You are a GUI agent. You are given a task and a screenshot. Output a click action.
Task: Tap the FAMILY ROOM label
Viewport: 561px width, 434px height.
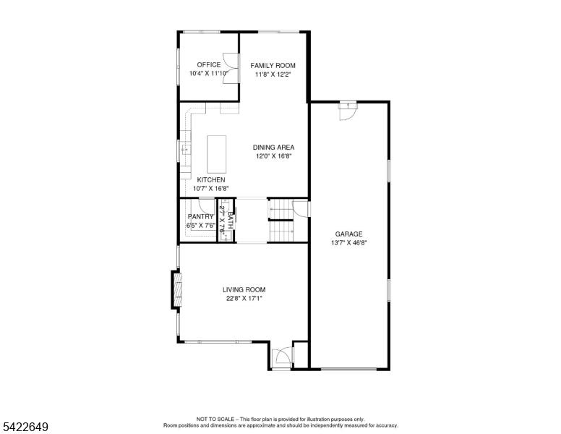(273, 66)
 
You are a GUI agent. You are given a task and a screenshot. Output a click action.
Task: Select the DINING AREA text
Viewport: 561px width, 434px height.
(273, 148)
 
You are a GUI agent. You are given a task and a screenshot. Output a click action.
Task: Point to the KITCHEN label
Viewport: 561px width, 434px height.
(210, 180)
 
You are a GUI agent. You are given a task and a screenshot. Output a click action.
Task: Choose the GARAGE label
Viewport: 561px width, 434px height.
(348, 234)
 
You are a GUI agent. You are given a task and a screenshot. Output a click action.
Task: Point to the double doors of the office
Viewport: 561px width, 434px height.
(231, 69)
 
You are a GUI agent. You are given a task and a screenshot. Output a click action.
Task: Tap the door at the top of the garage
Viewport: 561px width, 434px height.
(348, 110)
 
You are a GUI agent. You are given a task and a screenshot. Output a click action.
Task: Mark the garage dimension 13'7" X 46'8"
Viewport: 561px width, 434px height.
(348, 243)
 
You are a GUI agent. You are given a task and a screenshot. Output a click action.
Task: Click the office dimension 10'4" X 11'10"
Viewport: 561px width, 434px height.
(209, 74)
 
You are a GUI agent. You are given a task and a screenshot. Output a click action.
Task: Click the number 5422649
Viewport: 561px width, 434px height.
(25, 427)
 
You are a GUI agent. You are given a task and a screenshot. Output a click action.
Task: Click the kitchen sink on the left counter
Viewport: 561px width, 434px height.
(185, 150)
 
